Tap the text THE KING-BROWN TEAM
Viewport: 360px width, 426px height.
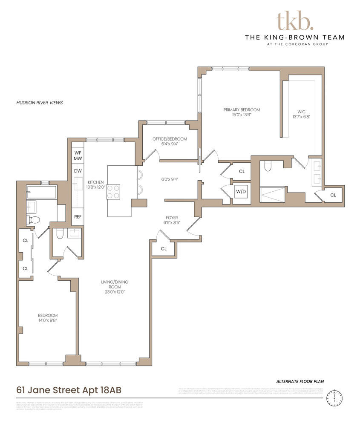point(294,37)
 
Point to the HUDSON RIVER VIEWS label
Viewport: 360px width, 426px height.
point(39,103)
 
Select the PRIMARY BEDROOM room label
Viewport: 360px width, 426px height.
point(242,110)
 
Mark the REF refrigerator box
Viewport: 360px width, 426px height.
point(78,216)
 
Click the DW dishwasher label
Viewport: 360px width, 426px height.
point(78,171)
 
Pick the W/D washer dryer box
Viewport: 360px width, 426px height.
point(241,192)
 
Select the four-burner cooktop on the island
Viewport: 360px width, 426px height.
point(114,191)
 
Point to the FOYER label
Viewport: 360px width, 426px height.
point(172,217)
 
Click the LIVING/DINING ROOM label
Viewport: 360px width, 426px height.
point(114,285)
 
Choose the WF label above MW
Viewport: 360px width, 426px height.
point(78,153)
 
